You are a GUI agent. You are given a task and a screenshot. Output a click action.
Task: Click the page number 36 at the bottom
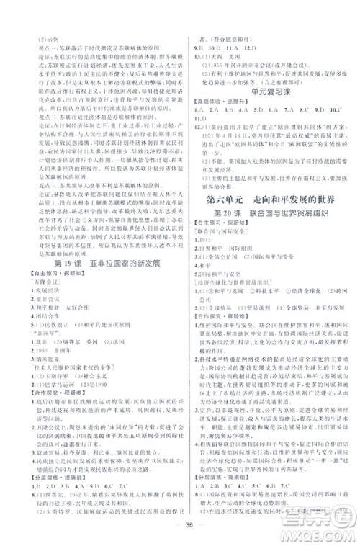click(x=180, y=521)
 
